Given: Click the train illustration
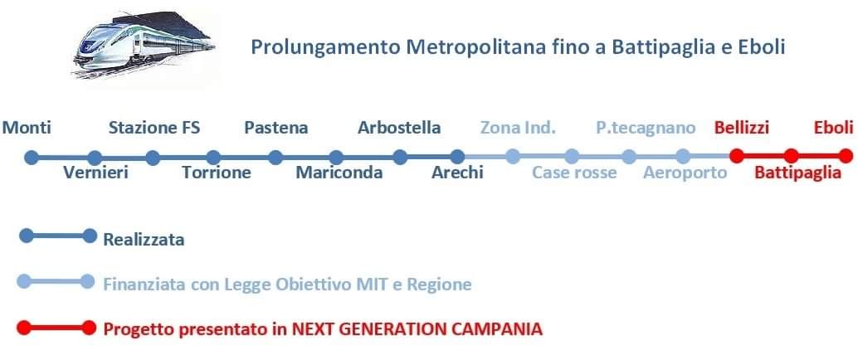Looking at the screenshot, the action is (144, 45).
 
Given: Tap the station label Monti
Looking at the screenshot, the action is (27, 128).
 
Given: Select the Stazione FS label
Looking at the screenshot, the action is (154, 128).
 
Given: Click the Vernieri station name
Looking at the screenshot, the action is (95, 173).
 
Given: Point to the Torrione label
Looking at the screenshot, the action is (217, 173).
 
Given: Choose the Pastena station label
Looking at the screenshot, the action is (275, 128).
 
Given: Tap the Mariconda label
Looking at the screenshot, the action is (339, 173).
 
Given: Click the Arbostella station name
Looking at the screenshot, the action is (399, 128).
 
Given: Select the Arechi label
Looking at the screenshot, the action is (457, 173).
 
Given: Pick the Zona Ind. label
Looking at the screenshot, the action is (518, 128).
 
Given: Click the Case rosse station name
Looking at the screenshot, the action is (574, 173).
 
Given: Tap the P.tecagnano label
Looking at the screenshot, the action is (646, 129).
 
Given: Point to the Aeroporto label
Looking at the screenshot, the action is (685, 173).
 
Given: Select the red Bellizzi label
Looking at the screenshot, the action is (742, 128).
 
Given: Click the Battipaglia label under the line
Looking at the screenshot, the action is (797, 173).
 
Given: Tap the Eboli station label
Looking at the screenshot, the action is (834, 128).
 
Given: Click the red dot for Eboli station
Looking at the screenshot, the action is (846, 157).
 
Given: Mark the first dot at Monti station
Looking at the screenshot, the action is (32, 158).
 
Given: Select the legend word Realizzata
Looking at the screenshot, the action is (144, 240).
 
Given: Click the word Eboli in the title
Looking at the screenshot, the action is (764, 47).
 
